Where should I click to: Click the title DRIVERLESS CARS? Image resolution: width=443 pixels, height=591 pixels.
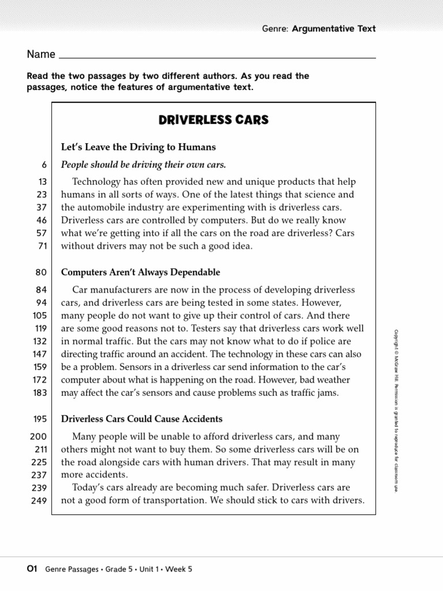(x=213, y=121)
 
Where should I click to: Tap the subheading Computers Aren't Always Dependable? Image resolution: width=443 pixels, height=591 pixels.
(x=141, y=272)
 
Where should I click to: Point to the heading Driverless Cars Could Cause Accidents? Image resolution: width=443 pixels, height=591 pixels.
(x=142, y=418)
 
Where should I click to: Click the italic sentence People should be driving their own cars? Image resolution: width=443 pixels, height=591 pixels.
(x=144, y=164)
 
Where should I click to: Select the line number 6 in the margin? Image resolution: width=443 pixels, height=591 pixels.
(x=44, y=165)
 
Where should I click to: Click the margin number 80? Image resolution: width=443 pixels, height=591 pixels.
(x=41, y=272)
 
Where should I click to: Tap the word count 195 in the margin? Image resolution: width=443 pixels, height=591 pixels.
(x=39, y=419)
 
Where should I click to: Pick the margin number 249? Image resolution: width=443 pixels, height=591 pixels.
(x=38, y=501)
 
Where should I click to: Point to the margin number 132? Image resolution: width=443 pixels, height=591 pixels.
(x=39, y=342)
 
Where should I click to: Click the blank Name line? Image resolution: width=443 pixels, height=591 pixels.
(x=217, y=55)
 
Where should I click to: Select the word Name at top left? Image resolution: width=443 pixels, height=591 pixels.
(x=41, y=54)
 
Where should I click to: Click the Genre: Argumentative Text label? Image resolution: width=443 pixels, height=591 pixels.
(x=318, y=29)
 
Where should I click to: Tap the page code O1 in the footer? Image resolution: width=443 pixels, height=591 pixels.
(x=32, y=568)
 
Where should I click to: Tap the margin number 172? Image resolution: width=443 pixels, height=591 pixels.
(x=39, y=380)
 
